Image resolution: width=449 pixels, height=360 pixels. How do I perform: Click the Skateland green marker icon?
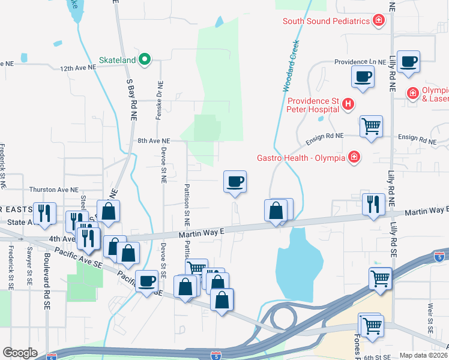[x=144, y=59]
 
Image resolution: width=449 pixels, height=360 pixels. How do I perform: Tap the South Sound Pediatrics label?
[x=326, y=22]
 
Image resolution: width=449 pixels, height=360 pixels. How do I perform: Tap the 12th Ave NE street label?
[x=78, y=68]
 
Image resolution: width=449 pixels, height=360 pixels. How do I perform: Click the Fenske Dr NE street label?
[x=159, y=100]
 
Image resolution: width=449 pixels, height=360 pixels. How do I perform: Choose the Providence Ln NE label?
[x=360, y=62]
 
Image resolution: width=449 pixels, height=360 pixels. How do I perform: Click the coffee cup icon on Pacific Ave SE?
[x=146, y=281]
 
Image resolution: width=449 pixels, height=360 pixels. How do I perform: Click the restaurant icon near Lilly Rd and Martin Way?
[x=373, y=204]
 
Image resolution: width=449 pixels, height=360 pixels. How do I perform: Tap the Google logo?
[x=20, y=353]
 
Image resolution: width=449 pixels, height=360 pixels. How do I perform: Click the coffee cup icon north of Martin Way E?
[x=235, y=181]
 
